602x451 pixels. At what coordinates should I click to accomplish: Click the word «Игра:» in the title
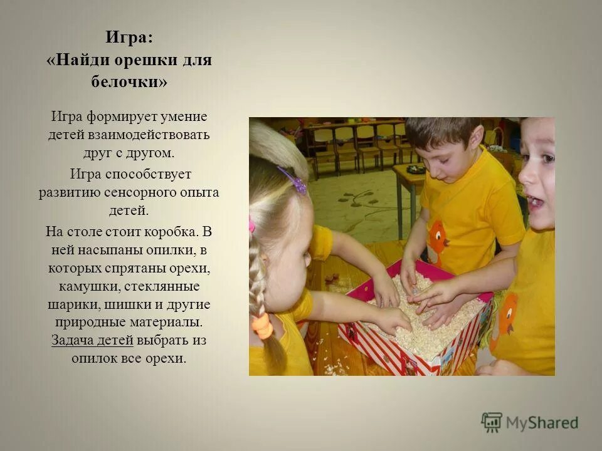(x=129, y=38)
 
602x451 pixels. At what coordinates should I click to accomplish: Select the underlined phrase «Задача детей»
(x=92, y=341)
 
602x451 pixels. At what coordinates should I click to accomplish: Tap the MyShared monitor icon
(x=492, y=423)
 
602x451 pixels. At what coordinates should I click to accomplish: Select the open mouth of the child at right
(x=535, y=202)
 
